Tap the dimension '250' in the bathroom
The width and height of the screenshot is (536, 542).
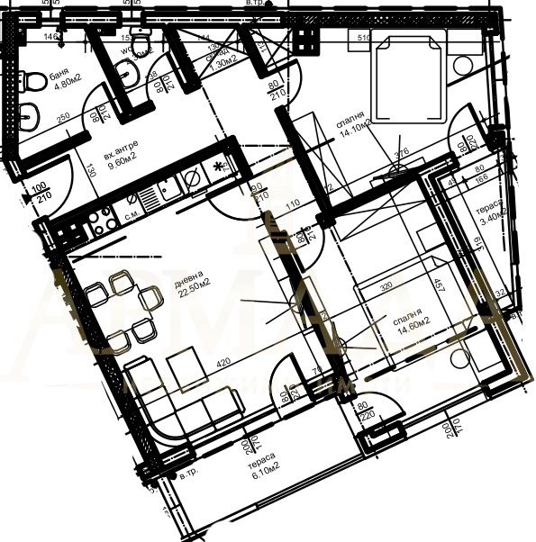click(x=63, y=118)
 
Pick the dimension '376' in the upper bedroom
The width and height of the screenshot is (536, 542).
click(x=402, y=151)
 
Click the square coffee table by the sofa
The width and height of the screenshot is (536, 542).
click(x=186, y=364)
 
